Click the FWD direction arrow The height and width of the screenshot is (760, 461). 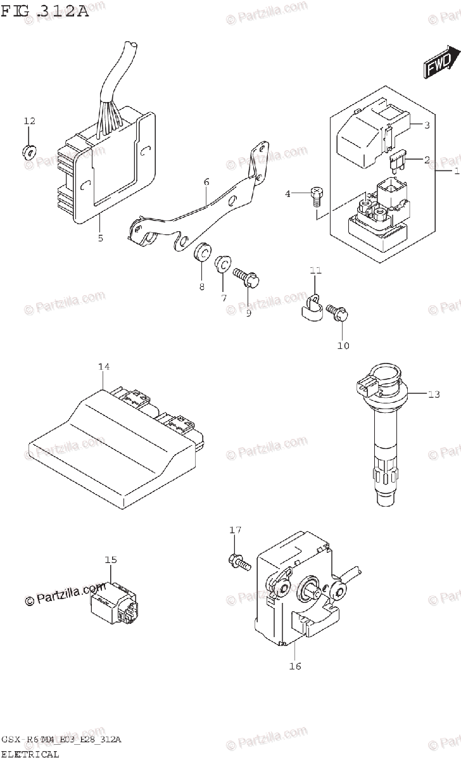pos(438,64)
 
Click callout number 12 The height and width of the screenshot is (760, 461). pos(30,121)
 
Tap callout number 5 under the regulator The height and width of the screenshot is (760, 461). pos(99,238)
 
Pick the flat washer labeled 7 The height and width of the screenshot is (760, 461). pos(224,264)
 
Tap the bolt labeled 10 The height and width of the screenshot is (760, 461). pos(337,311)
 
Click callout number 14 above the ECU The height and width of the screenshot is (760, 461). pos(104,367)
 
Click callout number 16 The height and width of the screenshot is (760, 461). pos(295,666)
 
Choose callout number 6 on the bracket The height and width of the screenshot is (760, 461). pos(206,182)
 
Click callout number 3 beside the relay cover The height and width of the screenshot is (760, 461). pos(427,125)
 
